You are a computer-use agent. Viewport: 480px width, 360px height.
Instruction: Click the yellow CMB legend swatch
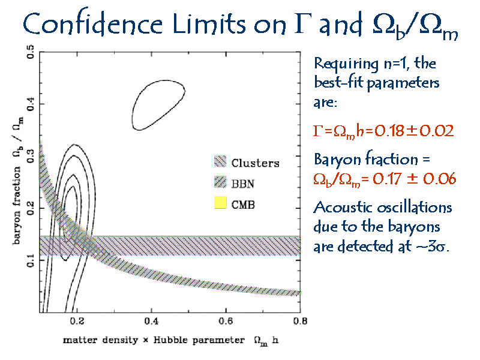point(220,203)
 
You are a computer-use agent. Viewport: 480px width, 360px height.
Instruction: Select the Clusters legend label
point(255,163)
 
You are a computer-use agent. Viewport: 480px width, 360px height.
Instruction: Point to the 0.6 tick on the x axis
point(226,323)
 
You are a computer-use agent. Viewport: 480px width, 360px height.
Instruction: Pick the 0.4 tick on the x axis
point(151,323)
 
